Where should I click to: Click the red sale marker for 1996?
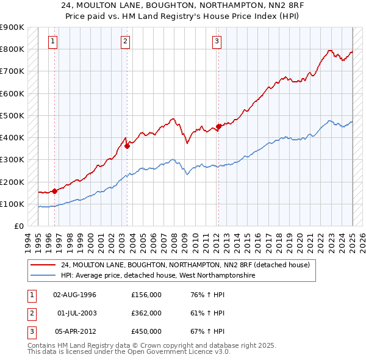[55, 191]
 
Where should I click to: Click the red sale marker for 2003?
[127, 146]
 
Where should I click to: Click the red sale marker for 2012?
[218, 126]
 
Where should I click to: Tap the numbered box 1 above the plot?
[53, 41]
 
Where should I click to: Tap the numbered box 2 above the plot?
[125, 41]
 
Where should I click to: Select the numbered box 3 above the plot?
[217, 41]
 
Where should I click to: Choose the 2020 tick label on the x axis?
[300, 240]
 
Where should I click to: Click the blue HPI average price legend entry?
[157, 276]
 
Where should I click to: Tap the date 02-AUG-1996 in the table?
[75, 295]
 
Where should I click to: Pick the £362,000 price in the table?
[146, 313]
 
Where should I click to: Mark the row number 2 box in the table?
[31, 313]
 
